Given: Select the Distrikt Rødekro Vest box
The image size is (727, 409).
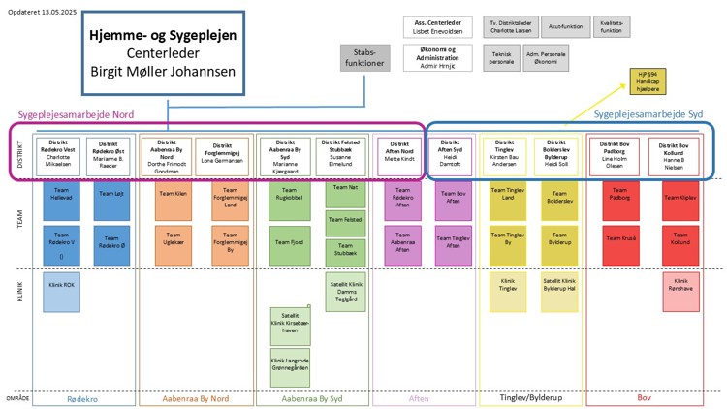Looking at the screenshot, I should pos(56,155).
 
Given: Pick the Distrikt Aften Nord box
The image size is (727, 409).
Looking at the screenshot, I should pos(395,156).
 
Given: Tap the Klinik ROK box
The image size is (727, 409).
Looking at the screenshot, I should pos(60,290).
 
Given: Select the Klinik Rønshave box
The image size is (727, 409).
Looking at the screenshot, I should pos(679,290).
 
